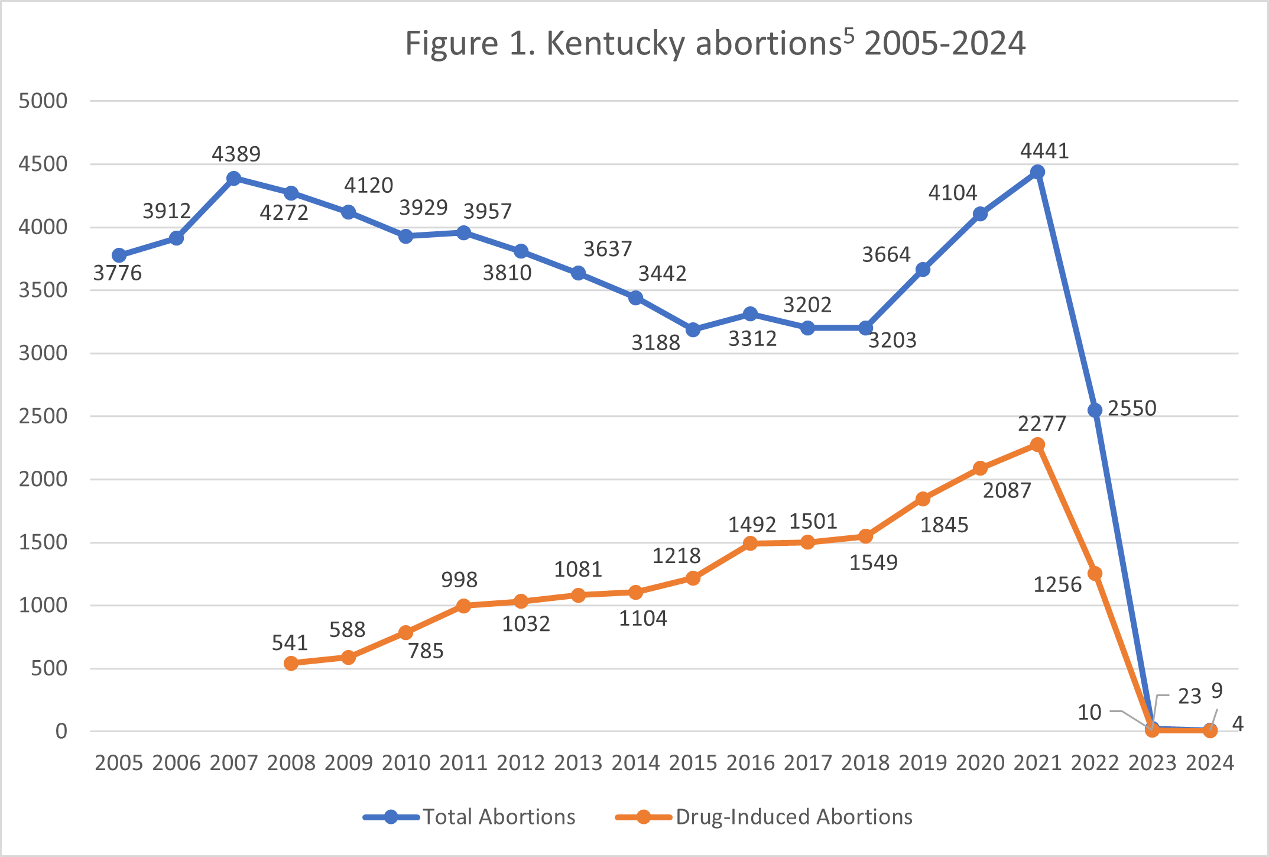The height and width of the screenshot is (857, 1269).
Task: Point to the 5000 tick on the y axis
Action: click(x=43, y=101)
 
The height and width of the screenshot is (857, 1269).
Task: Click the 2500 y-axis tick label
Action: click(x=43, y=416)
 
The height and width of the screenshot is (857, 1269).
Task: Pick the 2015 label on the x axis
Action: click(x=693, y=763)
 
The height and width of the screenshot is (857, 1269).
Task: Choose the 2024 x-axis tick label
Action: click(x=1210, y=763)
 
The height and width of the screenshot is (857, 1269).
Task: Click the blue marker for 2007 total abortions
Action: click(x=233, y=178)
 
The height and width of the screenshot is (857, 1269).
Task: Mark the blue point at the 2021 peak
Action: click(x=1037, y=172)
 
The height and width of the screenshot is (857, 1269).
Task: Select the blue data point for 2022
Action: click(x=1095, y=410)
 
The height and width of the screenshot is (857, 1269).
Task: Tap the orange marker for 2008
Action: click(x=291, y=663)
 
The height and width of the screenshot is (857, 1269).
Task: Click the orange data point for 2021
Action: click(x=1037, y=444)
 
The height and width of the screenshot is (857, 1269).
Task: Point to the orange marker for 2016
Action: click(x=750, y=543)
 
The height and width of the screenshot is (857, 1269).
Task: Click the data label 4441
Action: click(x=1044, y=151)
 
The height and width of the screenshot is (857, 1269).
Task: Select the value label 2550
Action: click(x=1132, y=409)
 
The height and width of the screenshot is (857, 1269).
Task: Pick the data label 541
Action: click(x=290, y=643)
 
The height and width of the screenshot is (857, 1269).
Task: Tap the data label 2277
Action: click(x=1041, y=424)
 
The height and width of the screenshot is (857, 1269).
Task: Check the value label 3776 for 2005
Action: click(x=118, y=273)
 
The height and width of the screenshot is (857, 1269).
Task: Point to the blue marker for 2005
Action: click(x=119, y=256)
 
